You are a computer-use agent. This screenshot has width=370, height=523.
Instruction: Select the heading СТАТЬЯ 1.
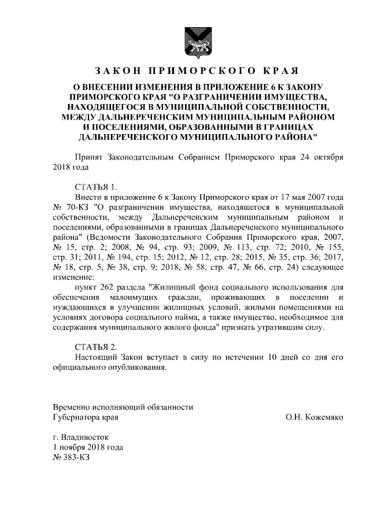96,187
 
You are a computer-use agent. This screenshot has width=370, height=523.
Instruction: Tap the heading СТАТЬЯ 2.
96,347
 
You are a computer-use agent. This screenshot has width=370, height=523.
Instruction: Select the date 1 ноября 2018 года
87,447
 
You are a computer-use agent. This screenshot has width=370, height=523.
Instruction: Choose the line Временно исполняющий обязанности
123,407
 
